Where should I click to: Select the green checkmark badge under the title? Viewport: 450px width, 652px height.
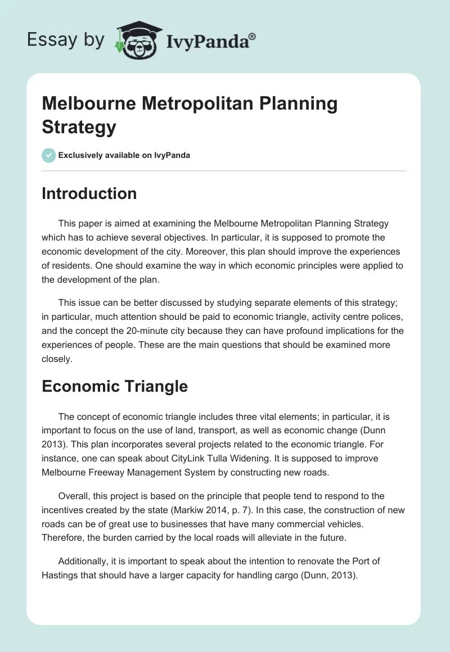pyautogui.click(x=49, y=155)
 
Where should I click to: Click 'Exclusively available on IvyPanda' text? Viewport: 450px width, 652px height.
pyautogui.click(x=124, y=155)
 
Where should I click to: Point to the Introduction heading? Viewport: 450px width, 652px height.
pyautogui.click(x=89, y=193)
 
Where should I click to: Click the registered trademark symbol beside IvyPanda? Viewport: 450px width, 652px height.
pyautogui.click(x=253, y=37)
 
